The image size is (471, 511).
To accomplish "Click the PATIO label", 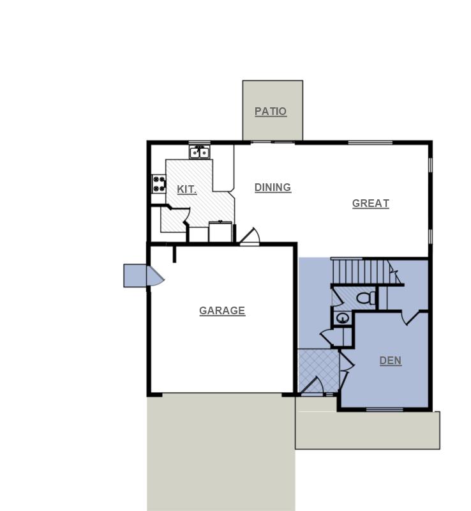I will click(x=271, y=111).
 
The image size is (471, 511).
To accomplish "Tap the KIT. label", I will click(x=186, y=189).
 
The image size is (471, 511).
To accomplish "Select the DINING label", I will click(x=273, y=187).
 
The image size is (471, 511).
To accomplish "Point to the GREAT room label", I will click(x=370, y=203).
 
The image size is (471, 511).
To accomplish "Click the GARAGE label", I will click(x=222, y=310).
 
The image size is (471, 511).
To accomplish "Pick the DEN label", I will click(x=390, y=360).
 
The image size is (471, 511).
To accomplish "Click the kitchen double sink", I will click(x=199, y=153).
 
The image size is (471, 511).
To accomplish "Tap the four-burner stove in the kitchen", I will click(x=158, y=184).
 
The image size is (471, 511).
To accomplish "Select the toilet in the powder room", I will click(x=366, y=297).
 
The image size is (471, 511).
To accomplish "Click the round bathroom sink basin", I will click(x=343, y=317).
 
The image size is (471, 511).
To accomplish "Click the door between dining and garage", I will click(x=250, y=236).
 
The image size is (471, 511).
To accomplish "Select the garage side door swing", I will click(x=154, y=277).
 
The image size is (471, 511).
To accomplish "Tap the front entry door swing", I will click(x=313, y=386).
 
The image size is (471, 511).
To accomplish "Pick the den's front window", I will click(x=384, y=409).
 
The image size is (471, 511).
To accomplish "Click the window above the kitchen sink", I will click(x=199, y=142).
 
